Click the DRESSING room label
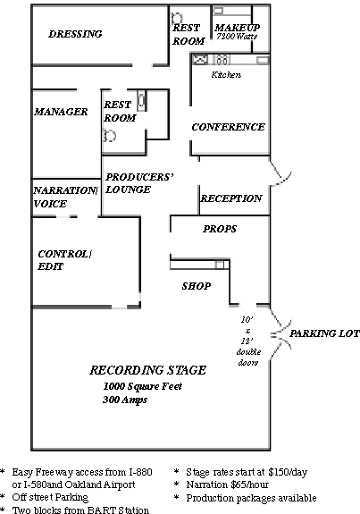[x=75, y=34]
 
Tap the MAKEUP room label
[x=237, y=27]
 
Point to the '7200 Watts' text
[x=237, y=37]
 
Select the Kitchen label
[x=226, y=75]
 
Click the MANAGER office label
[x=61, y=112]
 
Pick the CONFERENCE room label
[x=229, y=127]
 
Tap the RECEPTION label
[x=231, y=198]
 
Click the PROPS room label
[x=220, y=229]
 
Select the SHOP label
[x=197, y=286]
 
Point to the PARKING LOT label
[x=324, y=333]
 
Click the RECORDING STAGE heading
[x=148, y=370]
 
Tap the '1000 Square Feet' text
[x=143, y=386]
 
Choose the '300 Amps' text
[x=125, y=400]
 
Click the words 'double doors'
[x=248, y=357]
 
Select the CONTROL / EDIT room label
[x=64, y=260]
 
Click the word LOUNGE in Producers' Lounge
[x=128, y=190]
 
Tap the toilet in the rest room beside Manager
[x=109, y=135]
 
